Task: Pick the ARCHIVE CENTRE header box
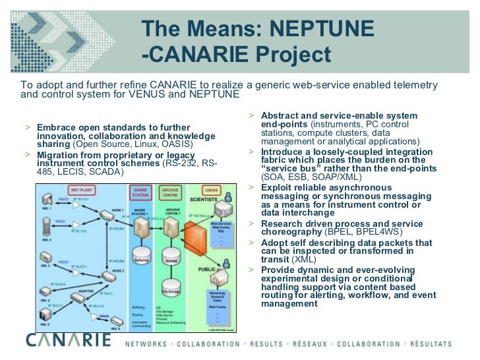(169, 193)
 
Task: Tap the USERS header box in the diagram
(211, 191)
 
